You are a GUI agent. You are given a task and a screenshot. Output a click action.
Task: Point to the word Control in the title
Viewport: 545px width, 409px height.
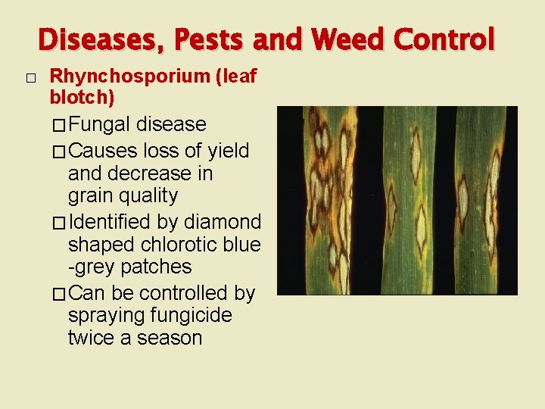point(447,39)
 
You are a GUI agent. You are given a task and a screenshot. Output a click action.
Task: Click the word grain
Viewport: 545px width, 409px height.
point(92,196)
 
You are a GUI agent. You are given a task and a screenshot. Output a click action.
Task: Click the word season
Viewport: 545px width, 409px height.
point(171,338)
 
